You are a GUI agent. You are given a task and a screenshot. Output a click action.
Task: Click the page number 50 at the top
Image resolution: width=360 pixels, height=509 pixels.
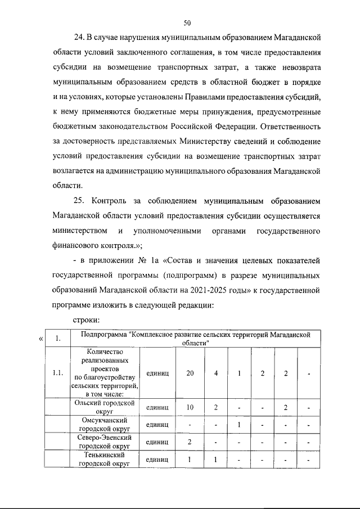187,22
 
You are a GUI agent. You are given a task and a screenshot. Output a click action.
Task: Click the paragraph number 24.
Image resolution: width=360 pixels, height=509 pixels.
79,38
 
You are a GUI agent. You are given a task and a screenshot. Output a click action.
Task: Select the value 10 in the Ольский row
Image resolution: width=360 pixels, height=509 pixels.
190,407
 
